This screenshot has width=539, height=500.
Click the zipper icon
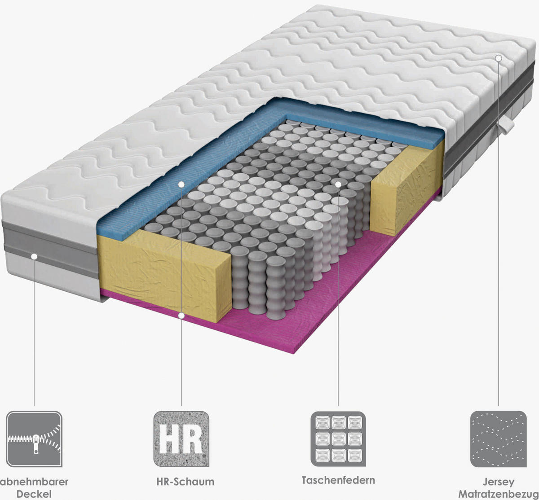click(x=34, y=439)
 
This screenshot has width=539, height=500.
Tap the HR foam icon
click(x=181, y=439)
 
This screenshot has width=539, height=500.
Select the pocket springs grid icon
click(x=338, y=439)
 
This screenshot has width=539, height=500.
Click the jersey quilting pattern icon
click(x=498, y=439)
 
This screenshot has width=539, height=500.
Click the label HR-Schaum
click(x=186, y=482)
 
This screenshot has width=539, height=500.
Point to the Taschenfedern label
click(x=338, y=480)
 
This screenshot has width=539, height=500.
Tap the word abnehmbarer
click(x=35, y=482)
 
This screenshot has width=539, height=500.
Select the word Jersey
click(x=499, y=482)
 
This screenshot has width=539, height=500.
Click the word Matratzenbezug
click(x=499, y=494)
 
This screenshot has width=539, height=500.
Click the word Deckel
click(x=34, y=494)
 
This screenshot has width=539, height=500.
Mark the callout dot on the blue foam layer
click(x=181, y=184)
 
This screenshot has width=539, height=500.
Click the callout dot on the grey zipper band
click(x=34, y=256)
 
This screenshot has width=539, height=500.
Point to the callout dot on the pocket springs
click(x=338, y=184)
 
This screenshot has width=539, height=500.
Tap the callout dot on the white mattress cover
click(x=498, y=58)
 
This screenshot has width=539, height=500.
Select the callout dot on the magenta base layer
click(x=181, y=316)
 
